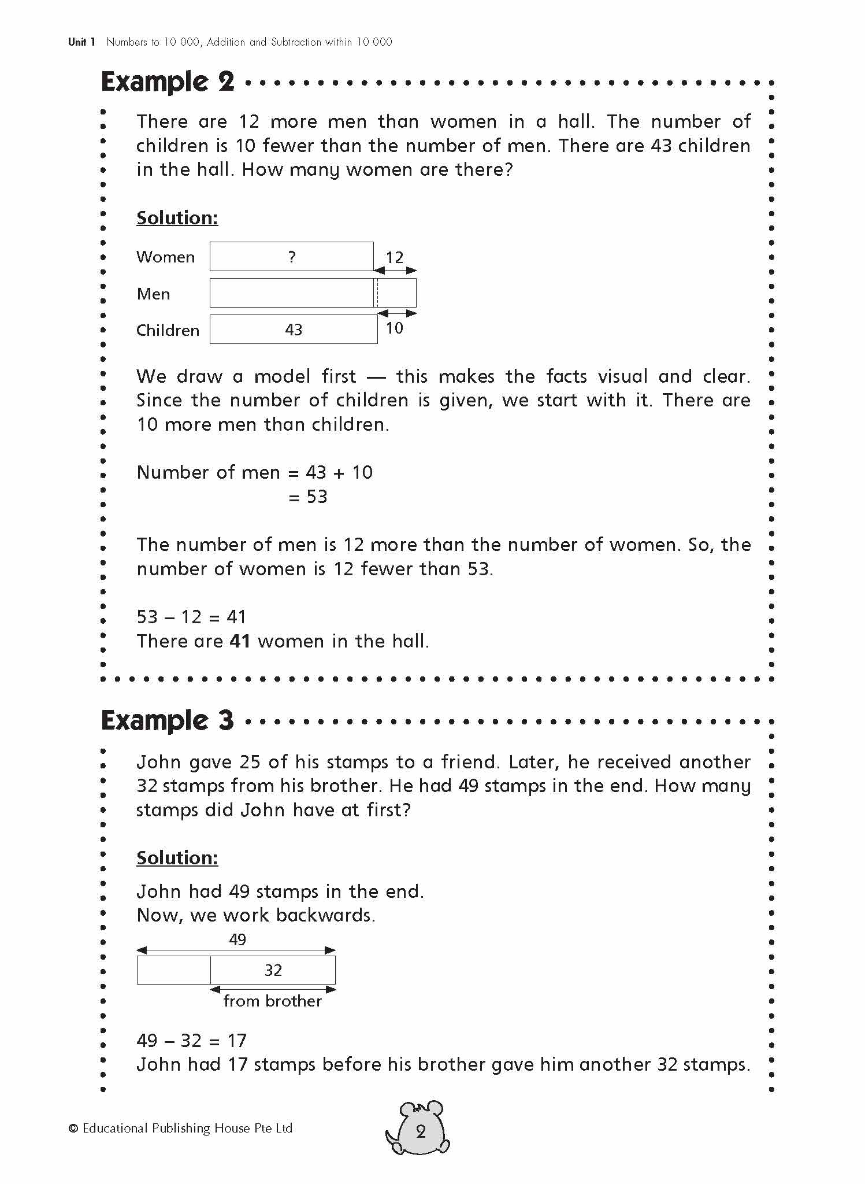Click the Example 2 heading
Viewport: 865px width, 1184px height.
(x=168, y=82)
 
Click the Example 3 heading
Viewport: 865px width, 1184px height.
(x=168, y=720)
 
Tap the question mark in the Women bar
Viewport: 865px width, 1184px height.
(x=292, y=257)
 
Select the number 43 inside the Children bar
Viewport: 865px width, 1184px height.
(x=294, y=330)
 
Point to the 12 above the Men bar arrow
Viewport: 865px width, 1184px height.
(x=395, y=257)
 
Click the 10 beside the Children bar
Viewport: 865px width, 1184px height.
(x=395, y=328)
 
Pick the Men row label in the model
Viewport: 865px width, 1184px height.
(x=153, y=294)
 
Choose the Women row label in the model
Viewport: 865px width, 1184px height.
(x=165, y=257)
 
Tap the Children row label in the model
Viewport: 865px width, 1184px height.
(x=168, y=330)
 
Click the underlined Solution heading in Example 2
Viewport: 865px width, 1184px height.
(x=177, y=218)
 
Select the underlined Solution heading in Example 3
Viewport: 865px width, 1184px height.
(x=177, y=858)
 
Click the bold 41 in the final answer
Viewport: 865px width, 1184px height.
(x=240, y=641)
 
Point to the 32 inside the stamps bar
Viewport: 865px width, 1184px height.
(x=273, y=970)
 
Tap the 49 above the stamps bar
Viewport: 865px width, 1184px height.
(x=237, y=939)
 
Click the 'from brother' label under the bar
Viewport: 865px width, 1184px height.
(x=272, y=1001)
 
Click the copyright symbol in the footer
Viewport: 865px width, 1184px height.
(x=73, y=1128)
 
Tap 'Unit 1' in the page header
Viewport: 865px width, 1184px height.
(x=81, y=42)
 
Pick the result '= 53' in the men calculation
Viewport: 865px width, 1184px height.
(x=307, y=497)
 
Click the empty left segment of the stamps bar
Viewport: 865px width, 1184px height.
(x=173, y=970)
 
